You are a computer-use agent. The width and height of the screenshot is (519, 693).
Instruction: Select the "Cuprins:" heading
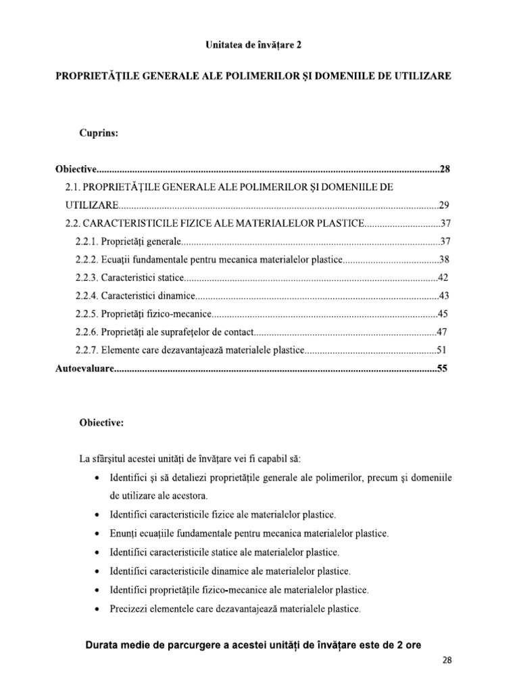(x=99, y=133)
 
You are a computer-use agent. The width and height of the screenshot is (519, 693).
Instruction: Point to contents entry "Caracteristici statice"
(x=143, y=277)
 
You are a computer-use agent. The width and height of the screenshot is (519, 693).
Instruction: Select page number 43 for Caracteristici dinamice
(x=444, y=296)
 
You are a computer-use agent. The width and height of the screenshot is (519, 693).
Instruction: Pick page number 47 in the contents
(x=443, y=332)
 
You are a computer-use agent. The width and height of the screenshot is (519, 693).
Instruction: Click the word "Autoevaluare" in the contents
(x=83, y=369)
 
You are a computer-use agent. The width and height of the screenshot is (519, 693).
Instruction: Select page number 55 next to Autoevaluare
(x=443, y=369)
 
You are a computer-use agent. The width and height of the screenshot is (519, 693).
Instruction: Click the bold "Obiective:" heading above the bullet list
(x=101, y=423)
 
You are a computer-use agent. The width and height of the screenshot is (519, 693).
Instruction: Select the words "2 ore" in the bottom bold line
(x=408, y=646)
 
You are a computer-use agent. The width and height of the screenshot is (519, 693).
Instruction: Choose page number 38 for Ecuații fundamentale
(x=445, y=259)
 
